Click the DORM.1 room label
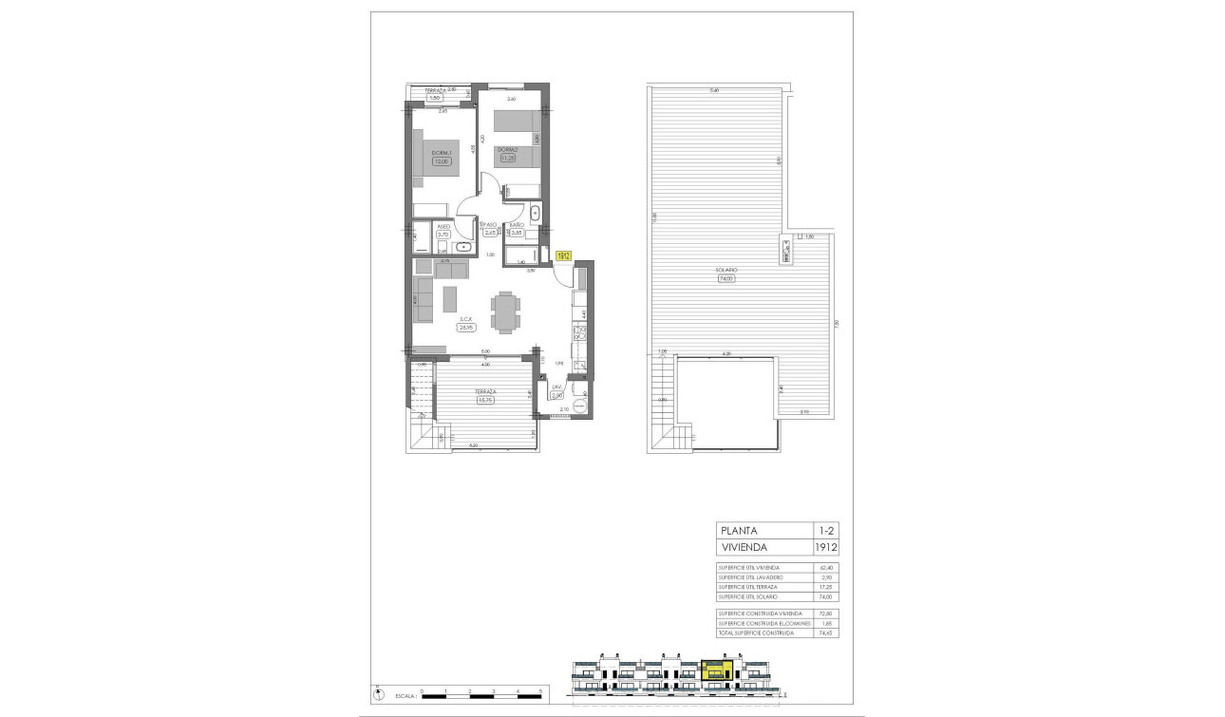coord(441,153)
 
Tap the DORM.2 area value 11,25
coord(508,158)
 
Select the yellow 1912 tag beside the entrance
coord(563,255)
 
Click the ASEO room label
coord(443,227)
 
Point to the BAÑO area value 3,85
coord(518,233)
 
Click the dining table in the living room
coord(505,311)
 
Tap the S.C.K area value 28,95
coord(465,328)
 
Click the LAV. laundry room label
coord(557,387)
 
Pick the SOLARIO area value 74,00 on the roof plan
coord(728,278)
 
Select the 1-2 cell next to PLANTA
coord(826,530)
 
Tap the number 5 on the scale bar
coord(540,690)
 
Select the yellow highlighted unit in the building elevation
coord(717,671)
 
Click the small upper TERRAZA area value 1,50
coord(436,98)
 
